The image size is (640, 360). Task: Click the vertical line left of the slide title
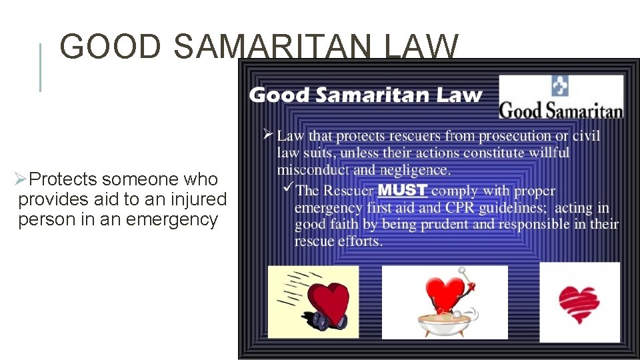[41, 67]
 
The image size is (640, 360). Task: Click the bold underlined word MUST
[403, 190]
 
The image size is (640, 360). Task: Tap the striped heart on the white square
[579, 303]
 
